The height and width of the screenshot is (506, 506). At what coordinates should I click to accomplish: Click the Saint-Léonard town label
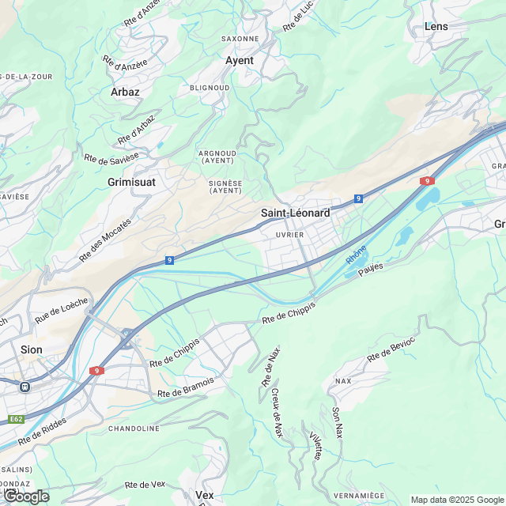coord(295,213)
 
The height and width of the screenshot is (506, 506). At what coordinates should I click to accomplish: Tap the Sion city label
coord(32,349)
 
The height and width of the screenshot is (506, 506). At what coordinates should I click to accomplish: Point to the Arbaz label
coord(125,92)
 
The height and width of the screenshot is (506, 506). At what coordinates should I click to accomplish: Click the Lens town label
coord(436,26)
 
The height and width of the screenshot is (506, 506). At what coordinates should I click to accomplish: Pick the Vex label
coord(204,495)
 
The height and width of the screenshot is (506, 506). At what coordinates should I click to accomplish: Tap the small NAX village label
coord(343,380)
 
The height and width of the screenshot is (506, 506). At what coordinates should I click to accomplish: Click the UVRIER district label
coord(290,235)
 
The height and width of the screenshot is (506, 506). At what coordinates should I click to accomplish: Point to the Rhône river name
coord(356,255)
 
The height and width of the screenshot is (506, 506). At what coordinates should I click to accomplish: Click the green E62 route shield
coord(16,418)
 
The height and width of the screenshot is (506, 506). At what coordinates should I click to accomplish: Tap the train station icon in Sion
coord(25,387)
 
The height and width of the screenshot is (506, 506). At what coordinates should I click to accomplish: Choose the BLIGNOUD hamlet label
coord(210,88)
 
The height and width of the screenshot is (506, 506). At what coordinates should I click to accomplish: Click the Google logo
coord(26,496)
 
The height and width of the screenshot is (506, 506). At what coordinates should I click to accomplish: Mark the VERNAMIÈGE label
coord(359,495)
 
